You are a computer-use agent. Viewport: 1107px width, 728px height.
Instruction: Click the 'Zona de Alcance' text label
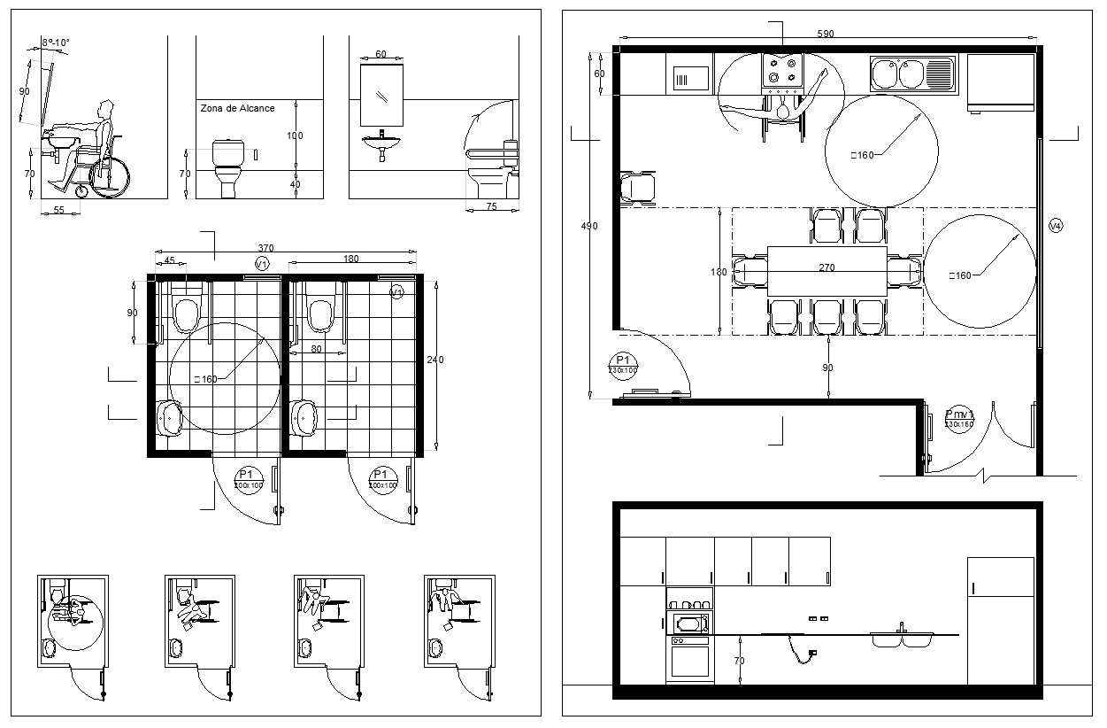tap(237, 108)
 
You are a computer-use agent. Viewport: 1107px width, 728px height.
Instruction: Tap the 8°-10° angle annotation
tap(55, 42)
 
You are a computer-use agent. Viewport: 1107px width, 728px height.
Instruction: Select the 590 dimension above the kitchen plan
tap(825, 34)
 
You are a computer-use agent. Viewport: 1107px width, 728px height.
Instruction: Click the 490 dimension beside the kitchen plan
tap(588, 226)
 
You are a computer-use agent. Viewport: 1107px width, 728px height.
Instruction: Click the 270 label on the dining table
tap(826, 267)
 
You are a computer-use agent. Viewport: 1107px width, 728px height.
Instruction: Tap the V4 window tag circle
tap(1055, 226)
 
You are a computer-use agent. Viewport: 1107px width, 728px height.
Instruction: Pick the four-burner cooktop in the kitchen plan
tap(782, 71)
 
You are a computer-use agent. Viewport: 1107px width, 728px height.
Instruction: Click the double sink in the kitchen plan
tap(912, 74)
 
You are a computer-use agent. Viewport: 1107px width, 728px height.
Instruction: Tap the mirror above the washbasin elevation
tap(381, 95)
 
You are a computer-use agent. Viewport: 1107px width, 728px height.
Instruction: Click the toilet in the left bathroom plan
tap(187, 313)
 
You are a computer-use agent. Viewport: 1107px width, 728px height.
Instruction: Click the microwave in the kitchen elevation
tap(689, 623)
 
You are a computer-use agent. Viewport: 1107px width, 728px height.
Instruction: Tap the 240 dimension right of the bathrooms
tap(434, 360)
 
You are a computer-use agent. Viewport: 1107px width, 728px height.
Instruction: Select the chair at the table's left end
tap(750, 270)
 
